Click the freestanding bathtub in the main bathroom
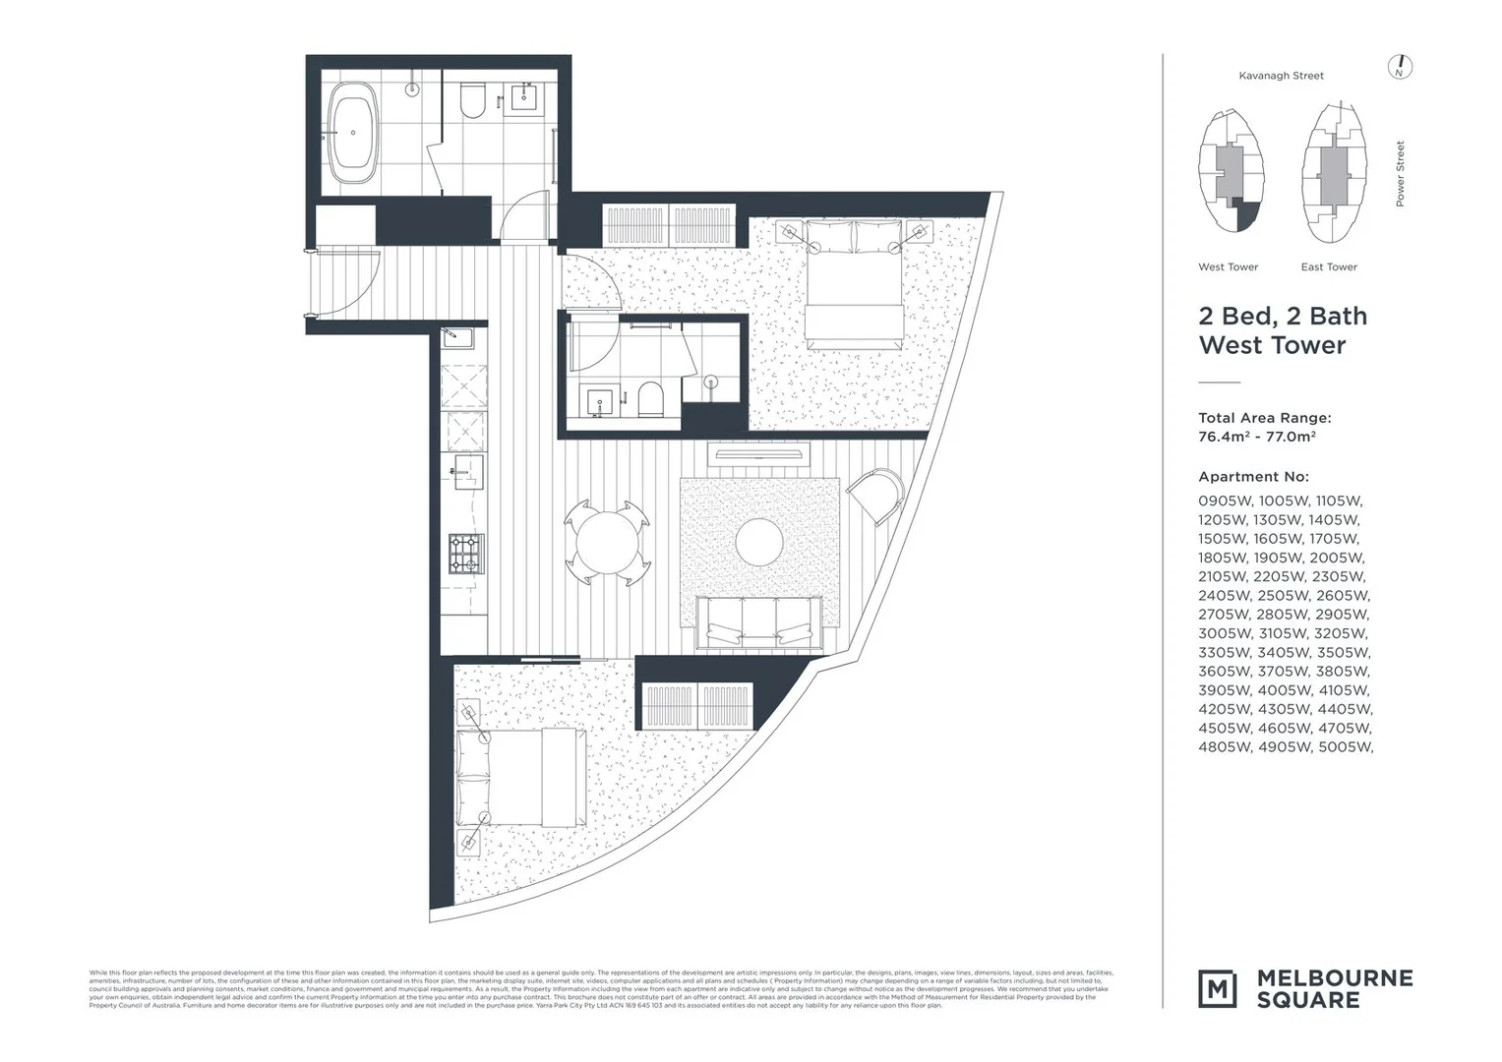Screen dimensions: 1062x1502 pyautogui.click(x=352, y=133)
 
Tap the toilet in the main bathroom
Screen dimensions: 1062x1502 pyautogui.click(x=473, y=100)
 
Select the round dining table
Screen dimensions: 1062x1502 pyautogui.click(x=607, y=542)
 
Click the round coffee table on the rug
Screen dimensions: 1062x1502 pyautogui.click(x=759, y=542)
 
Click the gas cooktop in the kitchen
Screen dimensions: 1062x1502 pyautogui.click(x=466, y=553)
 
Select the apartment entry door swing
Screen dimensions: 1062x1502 pyautogui.click(x=346, y=280)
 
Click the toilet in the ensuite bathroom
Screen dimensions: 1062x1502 pyautogui.click(x=650, y=399)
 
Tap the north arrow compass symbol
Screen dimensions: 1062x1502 pyautogui.click(x=1400, y=67)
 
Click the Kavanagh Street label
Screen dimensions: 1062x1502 pyautogui.click(x=1281, y=76)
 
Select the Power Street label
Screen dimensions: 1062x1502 pyautogui.click(x=1400, y=174)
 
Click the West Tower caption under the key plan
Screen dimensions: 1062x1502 pyautogui.click(x=1228, y=267)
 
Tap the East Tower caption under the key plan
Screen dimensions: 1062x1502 pyautogui.click(x=1328, y=267)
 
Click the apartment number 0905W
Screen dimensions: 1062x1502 pyautogui.click(x=1225, y=501)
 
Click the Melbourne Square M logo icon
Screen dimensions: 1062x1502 pyautogui.click(x=1217, y=988)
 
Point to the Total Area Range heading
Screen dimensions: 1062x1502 pyautogui.click(x=1264, y=418)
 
